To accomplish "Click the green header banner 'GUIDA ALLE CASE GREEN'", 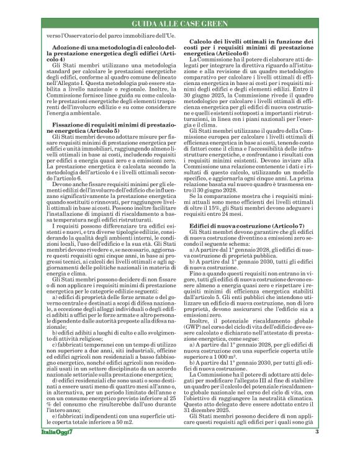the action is pos(180,24).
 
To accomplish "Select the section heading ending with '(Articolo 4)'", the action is pos(102,52).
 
